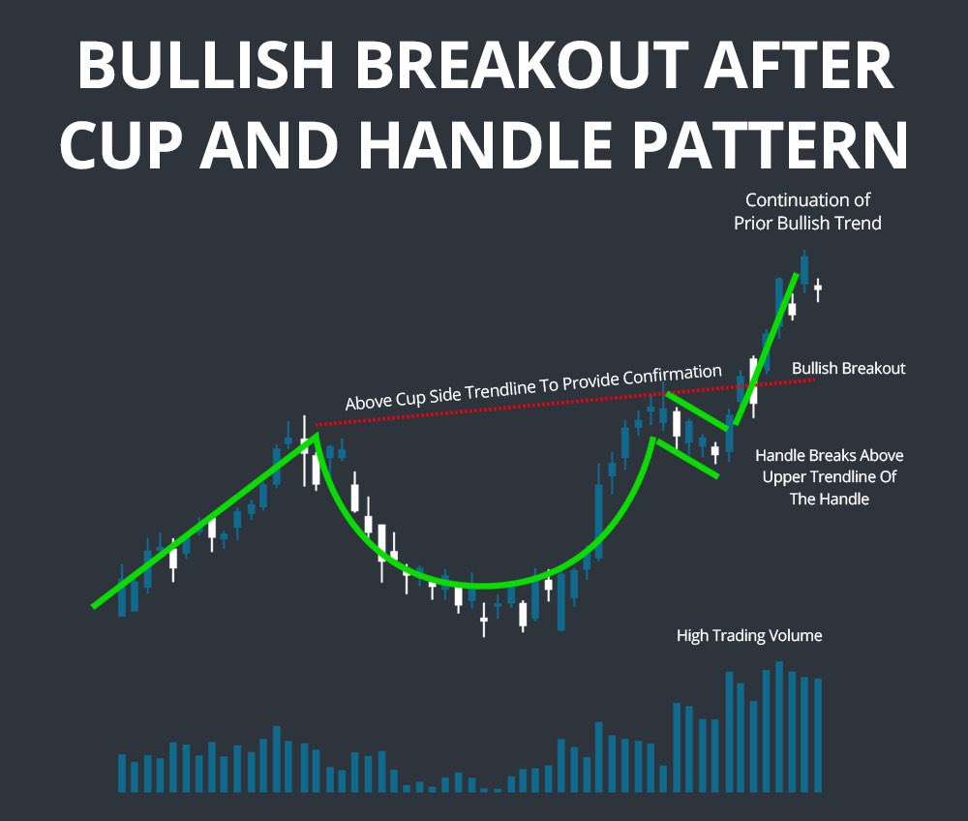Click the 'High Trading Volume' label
tap(749, 636)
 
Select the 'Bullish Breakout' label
tap(848, 369)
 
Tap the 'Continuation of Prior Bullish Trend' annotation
tap(807, 211)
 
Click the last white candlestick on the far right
tap(818, 288)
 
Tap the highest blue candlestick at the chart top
tap(803, 267)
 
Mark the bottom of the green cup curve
tap(479, 586)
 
